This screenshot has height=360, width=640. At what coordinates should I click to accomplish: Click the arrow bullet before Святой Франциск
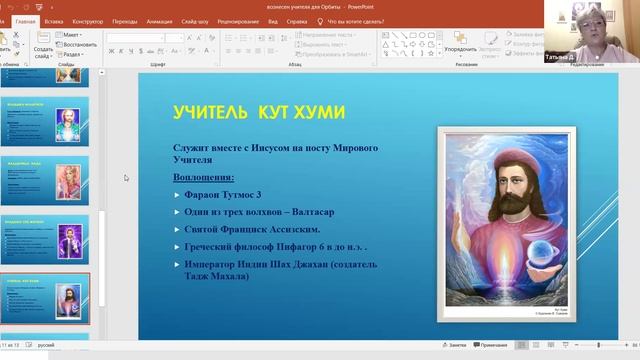[176, 229]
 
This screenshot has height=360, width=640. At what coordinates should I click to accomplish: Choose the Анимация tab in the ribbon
[159, 20]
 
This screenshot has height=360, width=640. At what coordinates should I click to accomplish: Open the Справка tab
[297, 20]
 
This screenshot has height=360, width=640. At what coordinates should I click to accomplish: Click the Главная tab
[25, 20]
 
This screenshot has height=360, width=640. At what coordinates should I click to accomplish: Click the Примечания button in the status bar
[493, 344]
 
